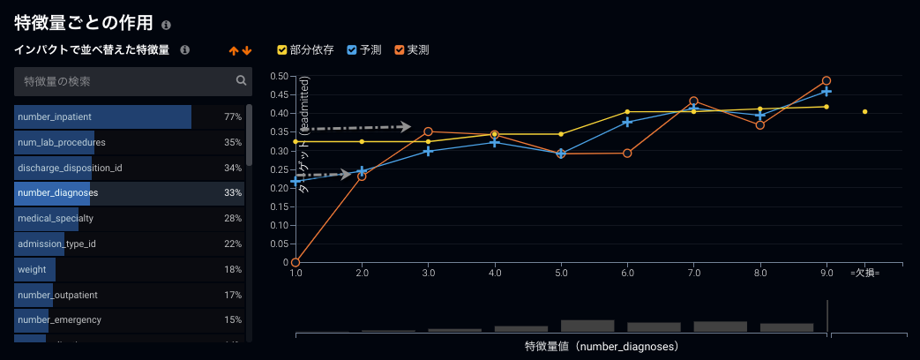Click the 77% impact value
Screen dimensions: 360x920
click(232, 116)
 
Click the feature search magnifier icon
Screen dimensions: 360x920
click(241, 81)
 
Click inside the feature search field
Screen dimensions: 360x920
click(123, 81)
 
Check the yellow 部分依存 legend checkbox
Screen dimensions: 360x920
click(282, 50)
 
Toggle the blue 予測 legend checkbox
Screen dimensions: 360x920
click(352, 50)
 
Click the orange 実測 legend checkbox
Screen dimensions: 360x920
click(400, 50)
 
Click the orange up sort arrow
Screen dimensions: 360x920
click(234, 51)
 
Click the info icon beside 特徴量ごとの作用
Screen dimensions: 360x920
click(167, 26)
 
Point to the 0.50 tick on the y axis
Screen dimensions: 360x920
click(280, 76)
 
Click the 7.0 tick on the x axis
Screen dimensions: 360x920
click(693, 273)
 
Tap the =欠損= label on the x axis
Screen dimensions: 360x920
click(864, 273)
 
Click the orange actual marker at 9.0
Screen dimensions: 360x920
click(827, 81)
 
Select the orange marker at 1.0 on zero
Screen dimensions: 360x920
click(295, 262)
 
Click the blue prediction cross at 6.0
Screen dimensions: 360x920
click(627, 122)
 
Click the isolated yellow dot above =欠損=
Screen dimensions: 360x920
click(865, 112)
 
